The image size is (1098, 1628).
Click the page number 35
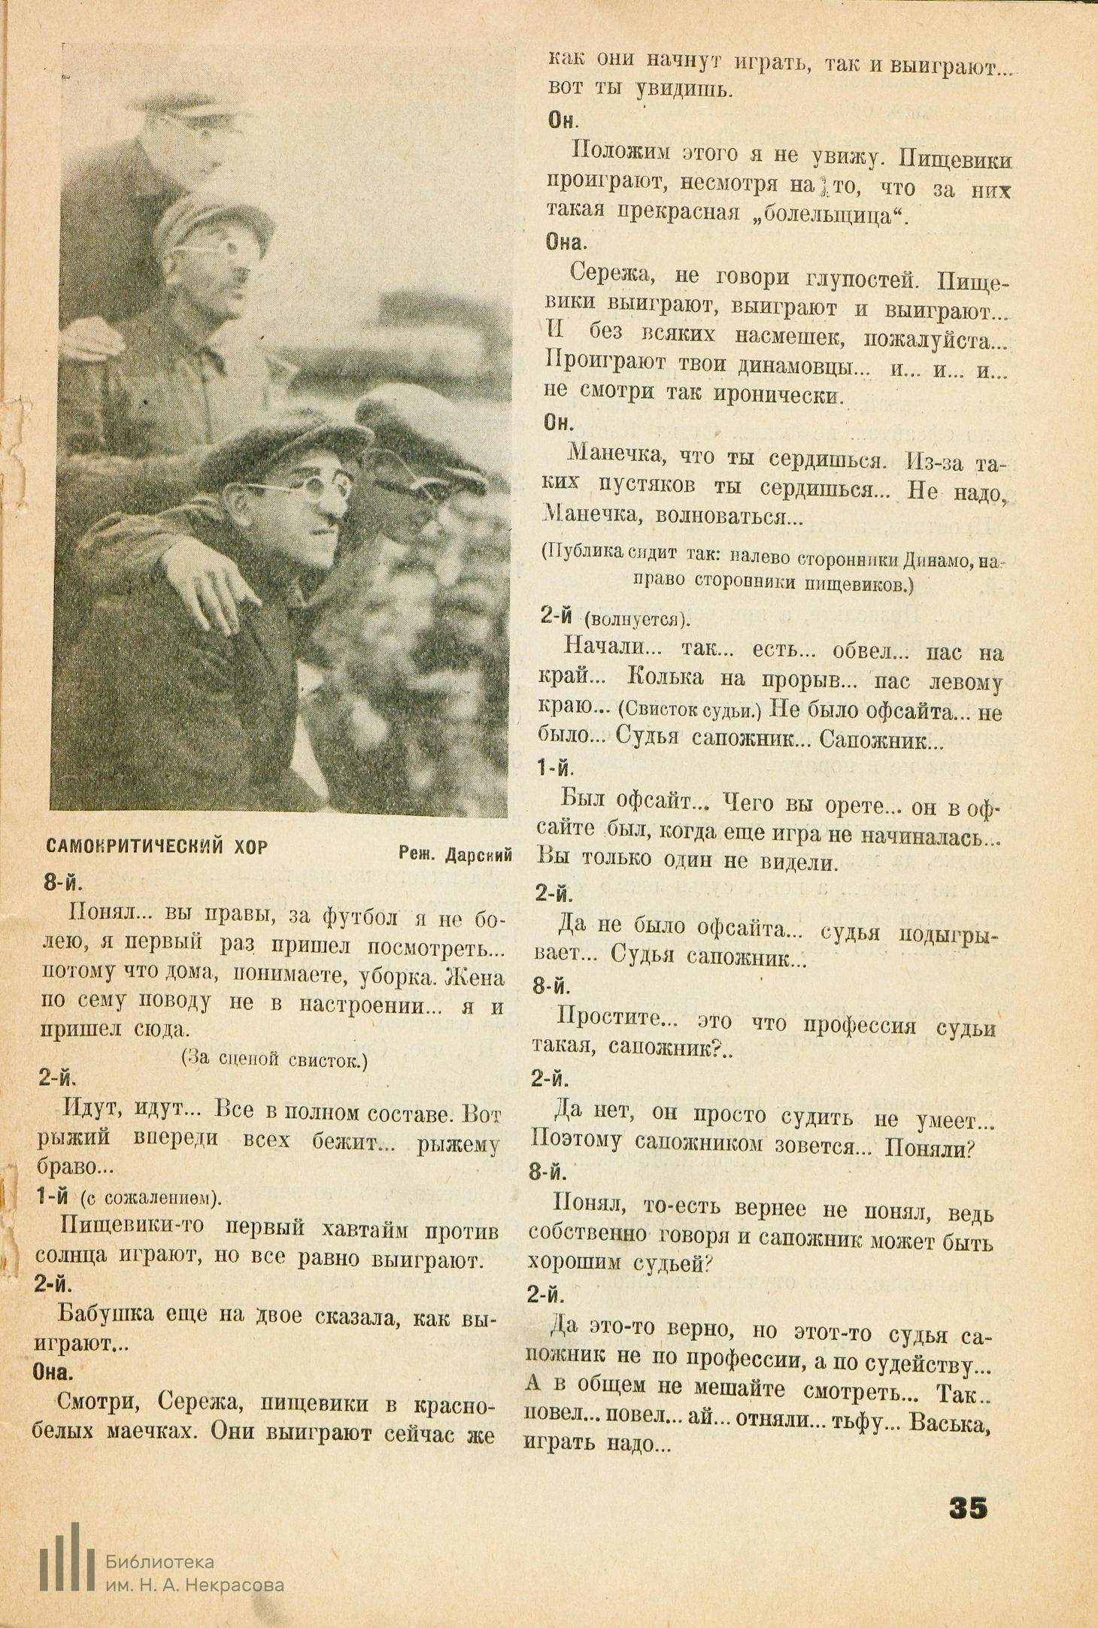(x=968, y=1507)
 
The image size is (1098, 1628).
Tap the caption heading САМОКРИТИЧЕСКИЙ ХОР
(x=156, y=847)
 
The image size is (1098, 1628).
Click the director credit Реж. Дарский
(x=456, y=854)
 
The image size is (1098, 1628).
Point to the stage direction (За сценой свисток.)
(x=274, y=1060)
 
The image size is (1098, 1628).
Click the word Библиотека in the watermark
(x=160, y=1563)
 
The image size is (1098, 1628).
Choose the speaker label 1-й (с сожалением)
(x=128, y=1198)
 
